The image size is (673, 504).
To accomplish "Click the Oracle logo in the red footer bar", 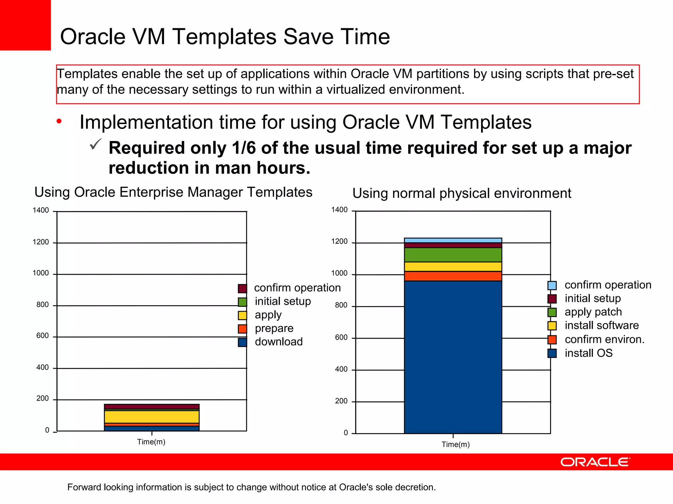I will coord(595,462).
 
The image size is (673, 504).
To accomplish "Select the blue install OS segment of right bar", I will coord(453,358).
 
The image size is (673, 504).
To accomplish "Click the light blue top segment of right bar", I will coord(453,241).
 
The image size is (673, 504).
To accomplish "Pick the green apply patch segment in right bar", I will coord(453,255).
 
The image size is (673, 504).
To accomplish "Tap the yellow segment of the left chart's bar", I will coord(151,417).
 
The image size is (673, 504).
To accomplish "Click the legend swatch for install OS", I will coord(552,353).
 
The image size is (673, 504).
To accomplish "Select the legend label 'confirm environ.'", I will coord(604,339).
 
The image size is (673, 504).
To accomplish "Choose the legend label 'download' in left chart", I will coord(279,342).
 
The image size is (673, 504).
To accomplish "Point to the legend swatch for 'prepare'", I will coord(243,329).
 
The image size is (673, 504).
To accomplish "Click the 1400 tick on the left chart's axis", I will coord(41,210).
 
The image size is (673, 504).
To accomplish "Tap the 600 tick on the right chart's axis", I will coord(341,337).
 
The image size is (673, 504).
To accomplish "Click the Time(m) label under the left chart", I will coord(151,442).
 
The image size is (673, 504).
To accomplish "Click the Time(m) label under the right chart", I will coord(455,445).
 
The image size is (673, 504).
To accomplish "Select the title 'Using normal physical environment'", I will coord(462,193).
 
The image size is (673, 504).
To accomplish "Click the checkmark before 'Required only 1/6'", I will coord(95,144).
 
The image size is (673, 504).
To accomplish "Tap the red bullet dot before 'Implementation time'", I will coord(59,122).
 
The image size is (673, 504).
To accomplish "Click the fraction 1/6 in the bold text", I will coord(244,148).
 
